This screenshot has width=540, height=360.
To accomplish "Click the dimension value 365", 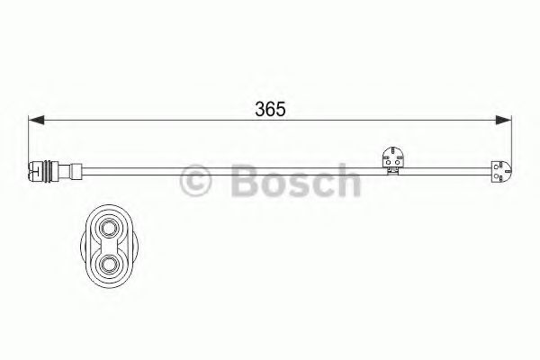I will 269,110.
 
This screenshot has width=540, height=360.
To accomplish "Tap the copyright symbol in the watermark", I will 197,181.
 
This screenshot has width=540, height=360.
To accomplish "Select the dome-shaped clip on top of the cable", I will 393,155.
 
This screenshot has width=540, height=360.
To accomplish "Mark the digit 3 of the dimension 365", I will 257,110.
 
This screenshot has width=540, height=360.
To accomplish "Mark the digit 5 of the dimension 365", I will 281,110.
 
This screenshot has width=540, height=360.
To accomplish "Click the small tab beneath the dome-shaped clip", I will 394,168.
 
